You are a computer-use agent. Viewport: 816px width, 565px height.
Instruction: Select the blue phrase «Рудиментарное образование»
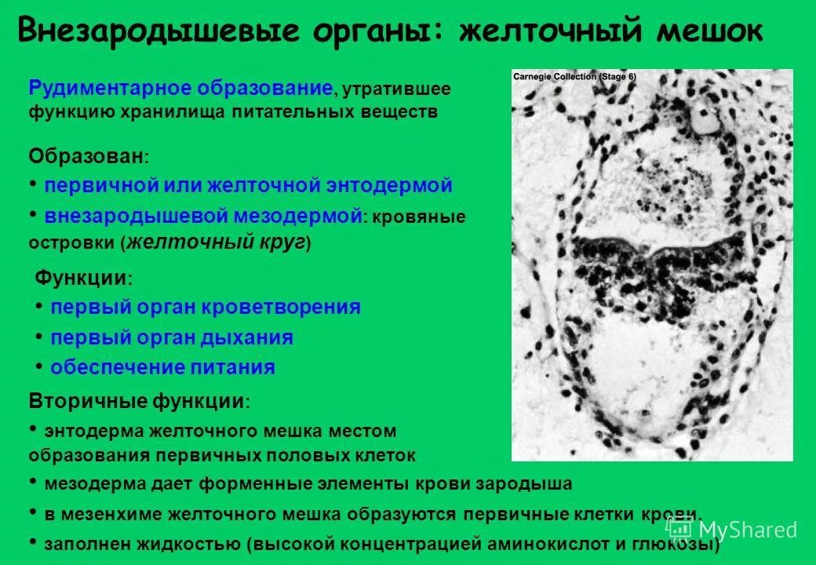(181, 89)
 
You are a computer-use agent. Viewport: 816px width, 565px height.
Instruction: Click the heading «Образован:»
(89, 155)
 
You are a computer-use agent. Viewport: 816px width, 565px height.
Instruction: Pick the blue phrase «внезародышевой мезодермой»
(203, 216)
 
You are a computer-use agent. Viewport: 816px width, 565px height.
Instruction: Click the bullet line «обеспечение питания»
(162, 367)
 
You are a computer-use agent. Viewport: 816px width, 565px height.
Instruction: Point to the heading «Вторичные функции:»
(140, 401)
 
